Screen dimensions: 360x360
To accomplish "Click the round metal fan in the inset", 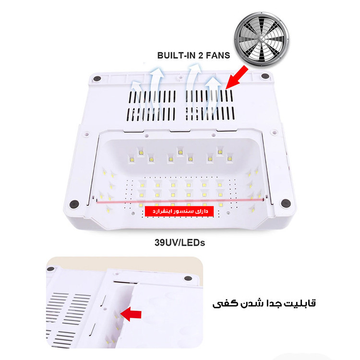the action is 262,39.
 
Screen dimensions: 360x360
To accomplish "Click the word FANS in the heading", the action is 218,56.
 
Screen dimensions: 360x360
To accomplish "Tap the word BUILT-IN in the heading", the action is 176,56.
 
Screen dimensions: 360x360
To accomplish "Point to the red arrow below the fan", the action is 237,77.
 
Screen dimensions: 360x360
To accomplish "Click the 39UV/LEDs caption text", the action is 180,243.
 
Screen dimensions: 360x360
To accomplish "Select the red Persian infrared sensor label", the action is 180,211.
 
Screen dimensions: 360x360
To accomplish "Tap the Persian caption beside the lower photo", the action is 264,303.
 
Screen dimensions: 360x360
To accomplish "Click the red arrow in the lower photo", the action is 131,314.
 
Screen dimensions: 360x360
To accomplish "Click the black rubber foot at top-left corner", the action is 97,79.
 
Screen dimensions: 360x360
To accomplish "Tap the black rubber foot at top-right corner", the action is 265,76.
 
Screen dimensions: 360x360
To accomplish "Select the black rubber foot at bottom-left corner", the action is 74,204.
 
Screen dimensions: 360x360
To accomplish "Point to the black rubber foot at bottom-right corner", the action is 286,203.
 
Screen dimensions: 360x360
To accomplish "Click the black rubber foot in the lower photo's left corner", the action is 50,269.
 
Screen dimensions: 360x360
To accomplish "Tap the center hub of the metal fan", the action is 262,40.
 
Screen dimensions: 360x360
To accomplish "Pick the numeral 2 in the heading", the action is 201,56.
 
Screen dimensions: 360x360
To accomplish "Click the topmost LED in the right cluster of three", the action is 220,152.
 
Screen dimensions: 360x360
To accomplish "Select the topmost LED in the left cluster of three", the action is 141,153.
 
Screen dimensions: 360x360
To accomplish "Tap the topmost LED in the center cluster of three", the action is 180,152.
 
